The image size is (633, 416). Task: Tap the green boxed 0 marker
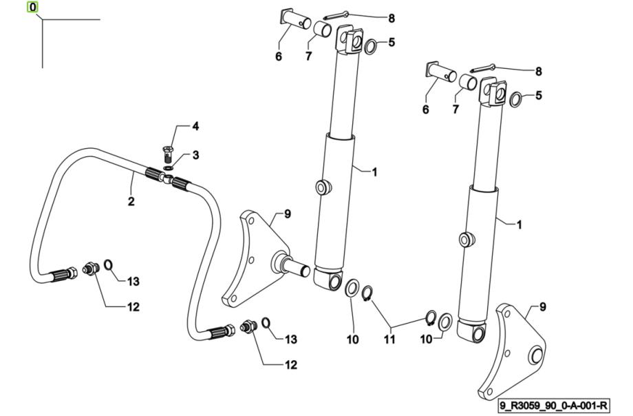pyautogui.click(x=32, y=8)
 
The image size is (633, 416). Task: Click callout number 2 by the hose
pyautogui.click(x=131, y=202)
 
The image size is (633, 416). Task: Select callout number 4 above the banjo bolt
pyautogui.click(x=195, y=127)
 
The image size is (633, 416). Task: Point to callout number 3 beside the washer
pyautogui.click(x=195, y=156)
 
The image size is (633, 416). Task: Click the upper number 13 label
pyautogui.click(x=133, y=281)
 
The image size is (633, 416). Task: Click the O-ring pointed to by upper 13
pyautogui.click(x=109, y=265)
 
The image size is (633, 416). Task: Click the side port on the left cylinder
pyautogui.click(x=321, y=187)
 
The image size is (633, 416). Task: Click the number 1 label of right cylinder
pyautogui.click(x=519, y=224)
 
